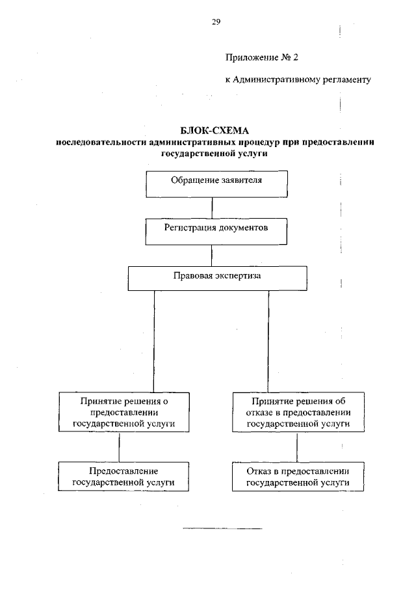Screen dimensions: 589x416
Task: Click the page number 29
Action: coord(216,22)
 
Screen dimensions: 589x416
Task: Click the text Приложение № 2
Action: coord(261,58)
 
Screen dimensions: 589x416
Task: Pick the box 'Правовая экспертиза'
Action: coord(216,277)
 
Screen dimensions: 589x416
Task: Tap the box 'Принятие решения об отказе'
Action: coord(296,411)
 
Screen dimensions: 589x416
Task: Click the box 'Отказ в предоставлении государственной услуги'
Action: coord(296,477)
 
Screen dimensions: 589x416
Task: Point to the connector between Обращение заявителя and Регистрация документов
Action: coord(213,206)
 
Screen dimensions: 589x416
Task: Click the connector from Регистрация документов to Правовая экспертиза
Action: coord(213,254)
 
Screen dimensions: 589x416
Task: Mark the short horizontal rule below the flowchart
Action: coord(223,528)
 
